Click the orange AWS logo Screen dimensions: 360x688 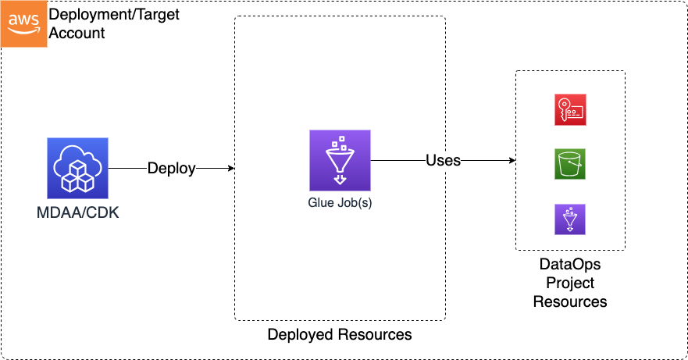[23, 23]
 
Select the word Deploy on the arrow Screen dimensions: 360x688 [172, 168]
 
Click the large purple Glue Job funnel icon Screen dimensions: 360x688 [340, 160]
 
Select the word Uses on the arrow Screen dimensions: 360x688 [443, 160]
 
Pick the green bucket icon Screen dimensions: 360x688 [570, 164]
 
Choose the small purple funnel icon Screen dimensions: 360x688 [570, 219]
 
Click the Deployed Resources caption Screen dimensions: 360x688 [340, 335]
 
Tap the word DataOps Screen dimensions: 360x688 [570, 266]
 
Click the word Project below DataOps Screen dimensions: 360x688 [570, 283]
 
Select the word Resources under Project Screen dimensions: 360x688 [570, 301]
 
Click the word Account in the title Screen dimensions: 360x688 [77, 34]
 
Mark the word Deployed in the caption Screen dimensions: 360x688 [301, 335]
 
